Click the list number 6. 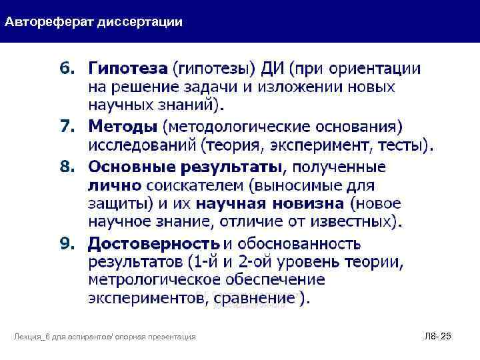point(68,69)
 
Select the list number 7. point(68,127)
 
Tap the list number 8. point(68,165)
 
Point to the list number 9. point(68,243)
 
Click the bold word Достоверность point(154,243)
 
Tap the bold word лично point(115,184)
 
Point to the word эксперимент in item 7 point(337,145)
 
